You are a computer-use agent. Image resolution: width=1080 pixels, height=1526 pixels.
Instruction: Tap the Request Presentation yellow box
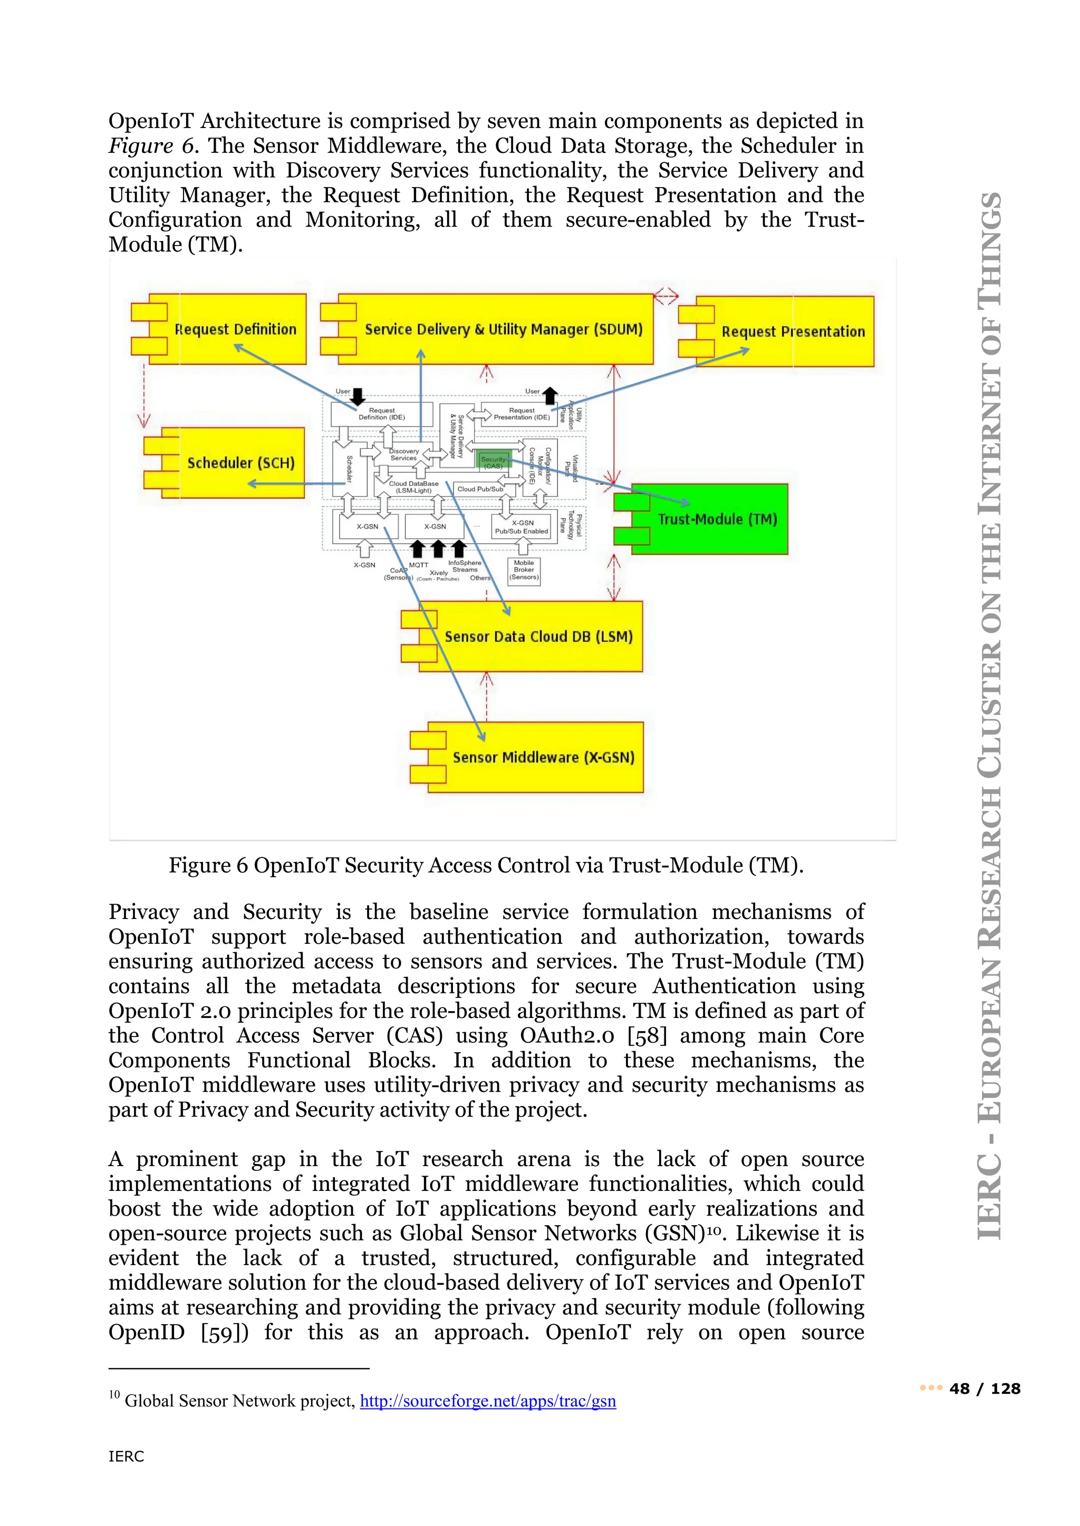coord(792,331)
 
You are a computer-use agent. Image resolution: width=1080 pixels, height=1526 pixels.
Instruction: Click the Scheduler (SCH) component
coord(239,463)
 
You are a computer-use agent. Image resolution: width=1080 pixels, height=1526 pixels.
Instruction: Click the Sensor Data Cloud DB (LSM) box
coord(537,637)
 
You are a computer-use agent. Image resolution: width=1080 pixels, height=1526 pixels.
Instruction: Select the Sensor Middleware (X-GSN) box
coord(543,758)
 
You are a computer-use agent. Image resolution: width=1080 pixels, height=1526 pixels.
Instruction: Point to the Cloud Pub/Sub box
coord(480,489)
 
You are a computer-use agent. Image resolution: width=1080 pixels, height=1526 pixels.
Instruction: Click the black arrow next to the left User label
coord(358,397)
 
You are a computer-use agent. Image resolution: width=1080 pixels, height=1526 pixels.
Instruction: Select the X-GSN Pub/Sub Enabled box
coord(522,527)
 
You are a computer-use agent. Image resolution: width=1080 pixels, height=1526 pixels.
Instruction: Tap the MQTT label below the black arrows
coord(418,565)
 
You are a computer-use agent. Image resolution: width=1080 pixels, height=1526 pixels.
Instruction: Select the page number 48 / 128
coord(984,1388)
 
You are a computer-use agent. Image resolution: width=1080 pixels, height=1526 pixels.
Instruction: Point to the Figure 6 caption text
coord(486,865)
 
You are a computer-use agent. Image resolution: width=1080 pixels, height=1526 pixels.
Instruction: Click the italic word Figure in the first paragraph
coord(141,146)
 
